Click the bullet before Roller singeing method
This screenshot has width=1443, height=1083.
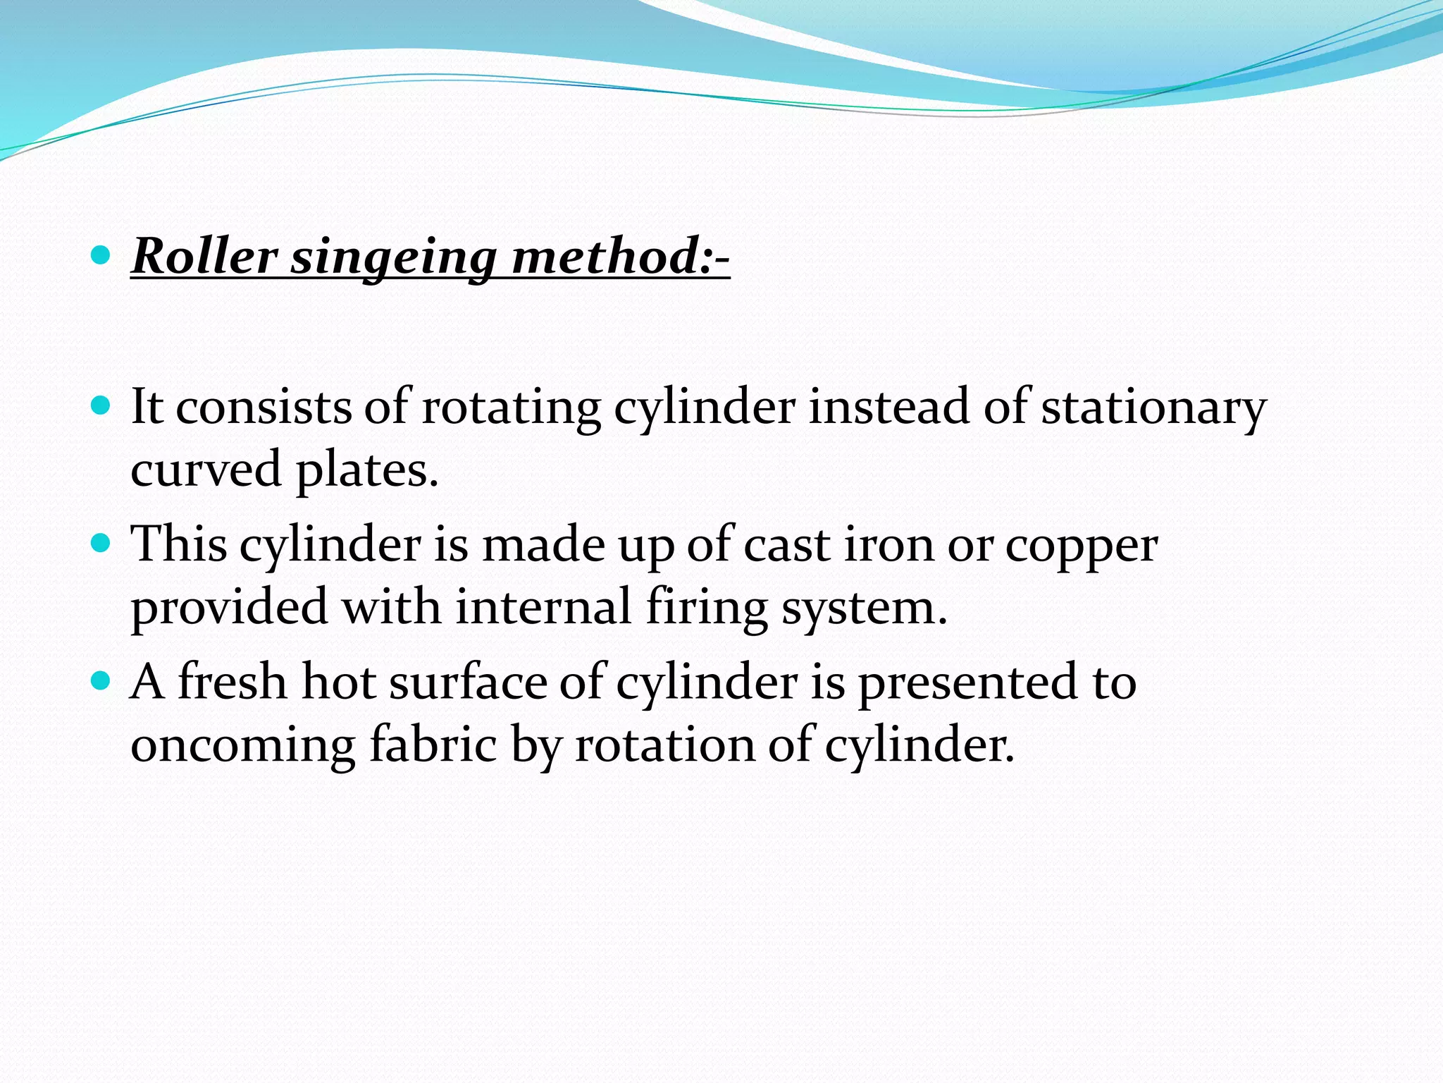101,255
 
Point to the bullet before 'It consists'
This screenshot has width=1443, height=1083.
101,405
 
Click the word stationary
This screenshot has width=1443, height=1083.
1154,409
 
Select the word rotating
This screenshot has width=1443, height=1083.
511,409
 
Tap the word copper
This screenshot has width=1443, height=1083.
1081,547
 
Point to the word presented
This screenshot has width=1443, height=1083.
967,684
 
